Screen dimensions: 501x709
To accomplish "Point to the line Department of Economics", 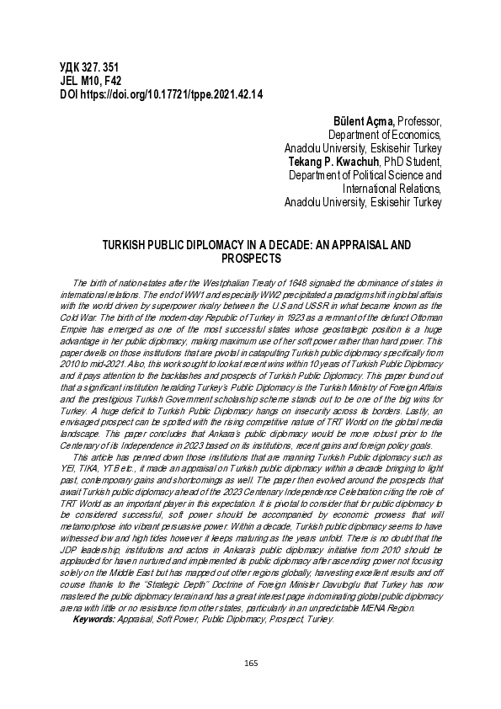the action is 384,135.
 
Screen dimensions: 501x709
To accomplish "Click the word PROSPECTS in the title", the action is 250,259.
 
